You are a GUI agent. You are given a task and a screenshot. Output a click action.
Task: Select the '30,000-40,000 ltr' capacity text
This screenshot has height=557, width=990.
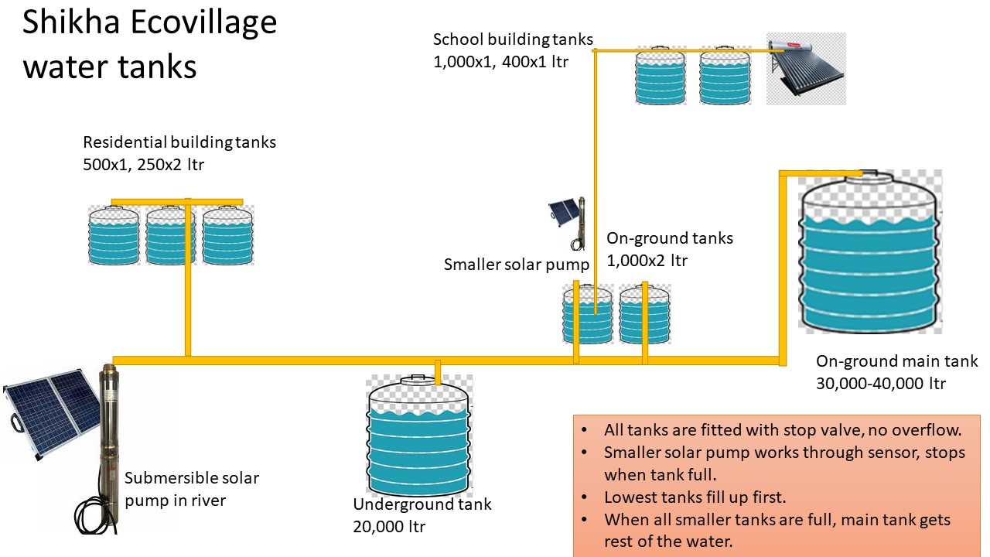(x=881, y=383)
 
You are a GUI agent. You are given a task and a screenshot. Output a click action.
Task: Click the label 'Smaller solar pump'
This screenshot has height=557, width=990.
(x=517, y=265)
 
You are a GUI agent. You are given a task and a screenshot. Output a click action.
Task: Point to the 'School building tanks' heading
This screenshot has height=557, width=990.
(x=513, y=39)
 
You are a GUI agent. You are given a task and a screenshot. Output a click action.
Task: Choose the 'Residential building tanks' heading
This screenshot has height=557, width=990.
(x=179, y=142)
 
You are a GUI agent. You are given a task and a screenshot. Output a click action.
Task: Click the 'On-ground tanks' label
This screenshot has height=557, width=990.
(x=669, y=238)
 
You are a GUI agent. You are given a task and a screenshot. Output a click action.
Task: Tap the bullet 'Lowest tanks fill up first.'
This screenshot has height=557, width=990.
(x=695, y=497)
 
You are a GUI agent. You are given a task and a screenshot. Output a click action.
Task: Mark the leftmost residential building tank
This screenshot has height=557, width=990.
(x=114, y=235)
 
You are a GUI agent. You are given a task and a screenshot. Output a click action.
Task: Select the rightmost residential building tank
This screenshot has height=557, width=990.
(x=228, y=235)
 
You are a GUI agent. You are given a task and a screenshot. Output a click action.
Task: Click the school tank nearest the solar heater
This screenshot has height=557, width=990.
(x=725, y=77)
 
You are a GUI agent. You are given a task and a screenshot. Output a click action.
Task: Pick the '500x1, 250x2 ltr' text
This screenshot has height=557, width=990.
(x=144, y=165)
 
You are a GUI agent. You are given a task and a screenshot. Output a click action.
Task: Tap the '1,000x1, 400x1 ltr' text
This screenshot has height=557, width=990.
(x=500, y=61)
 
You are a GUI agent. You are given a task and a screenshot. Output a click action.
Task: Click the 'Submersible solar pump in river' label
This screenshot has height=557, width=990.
(x=192, y=489)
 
